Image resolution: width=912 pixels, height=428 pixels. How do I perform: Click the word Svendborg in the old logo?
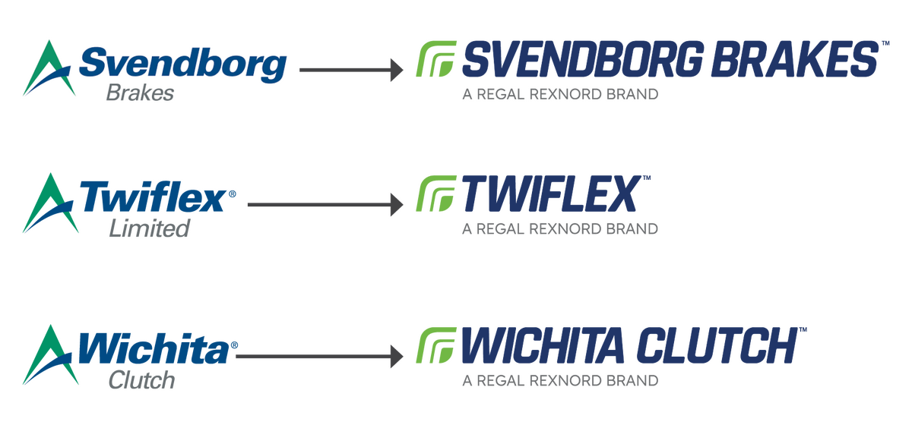[x=182, y=65]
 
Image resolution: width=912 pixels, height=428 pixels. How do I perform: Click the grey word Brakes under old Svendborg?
[x=141, y=93]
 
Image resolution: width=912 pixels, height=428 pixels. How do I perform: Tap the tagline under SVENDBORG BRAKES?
[x=559, y=96]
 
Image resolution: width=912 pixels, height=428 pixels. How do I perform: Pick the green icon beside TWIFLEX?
[x=435, y=194]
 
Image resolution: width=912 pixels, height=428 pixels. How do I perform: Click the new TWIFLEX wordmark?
[x=553, y=195]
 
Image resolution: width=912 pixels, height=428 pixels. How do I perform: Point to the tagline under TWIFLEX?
[x=559, y=228]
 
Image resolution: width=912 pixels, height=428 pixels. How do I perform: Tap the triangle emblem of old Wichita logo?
[x=49, y=355]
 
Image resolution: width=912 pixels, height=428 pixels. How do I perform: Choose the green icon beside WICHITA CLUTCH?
[x=435, y=346]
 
